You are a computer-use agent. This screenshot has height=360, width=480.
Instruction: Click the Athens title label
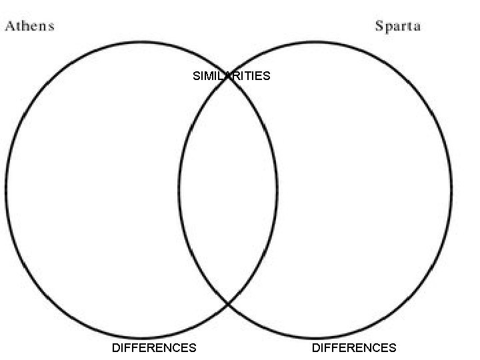click(x=29, y=27)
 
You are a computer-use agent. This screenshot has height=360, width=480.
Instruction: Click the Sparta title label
click(x=398, y=27)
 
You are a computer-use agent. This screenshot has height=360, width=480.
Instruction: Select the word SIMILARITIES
click(x=231, y=76)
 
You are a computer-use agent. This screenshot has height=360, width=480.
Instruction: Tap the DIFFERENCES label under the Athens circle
click(x=154, y=347)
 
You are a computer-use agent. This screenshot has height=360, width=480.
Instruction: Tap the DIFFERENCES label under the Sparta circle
click(x=354, y=347)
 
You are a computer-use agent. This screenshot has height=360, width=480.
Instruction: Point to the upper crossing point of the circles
click(x=228, y=75)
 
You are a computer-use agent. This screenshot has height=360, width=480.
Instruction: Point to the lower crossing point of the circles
click(x=228, y=304)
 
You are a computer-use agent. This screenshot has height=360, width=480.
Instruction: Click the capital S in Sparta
click(x=380, y=27)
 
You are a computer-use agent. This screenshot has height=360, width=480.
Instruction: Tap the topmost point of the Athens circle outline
click(x=141, y=42)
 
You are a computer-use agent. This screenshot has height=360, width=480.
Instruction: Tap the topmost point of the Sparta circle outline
click(x=315, y=42)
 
